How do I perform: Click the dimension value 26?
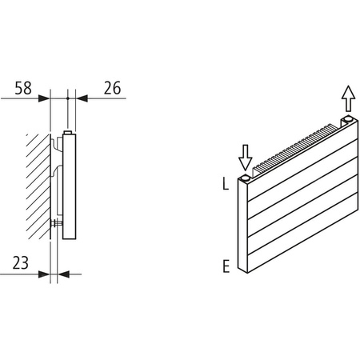click(113, 88)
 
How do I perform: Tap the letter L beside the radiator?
click(226, 183)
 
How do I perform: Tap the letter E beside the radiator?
click(226, 266)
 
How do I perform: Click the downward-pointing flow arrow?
click(246, 154)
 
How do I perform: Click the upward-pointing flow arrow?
click(347, 100)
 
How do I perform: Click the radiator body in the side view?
click(70, 188)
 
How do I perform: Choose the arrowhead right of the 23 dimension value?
click(63, 274)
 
